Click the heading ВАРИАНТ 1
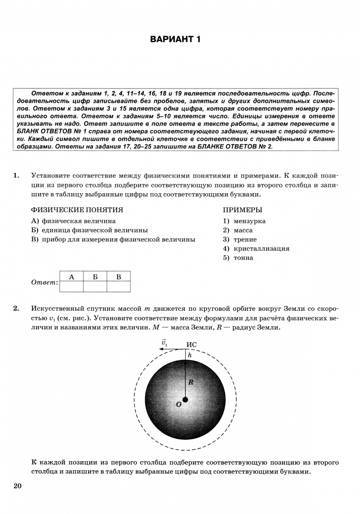coord(175,39)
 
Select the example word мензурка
coord(250,221)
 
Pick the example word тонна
coord(243,258)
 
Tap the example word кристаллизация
coord(261,248)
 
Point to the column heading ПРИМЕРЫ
coord(242,210)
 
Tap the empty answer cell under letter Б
coord(95,286)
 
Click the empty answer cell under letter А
coord(71,286)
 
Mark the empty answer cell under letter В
coord(119,286)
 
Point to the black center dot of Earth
coord(185,399)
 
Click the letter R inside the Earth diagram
coord(190,382)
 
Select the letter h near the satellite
coord(189,355)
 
